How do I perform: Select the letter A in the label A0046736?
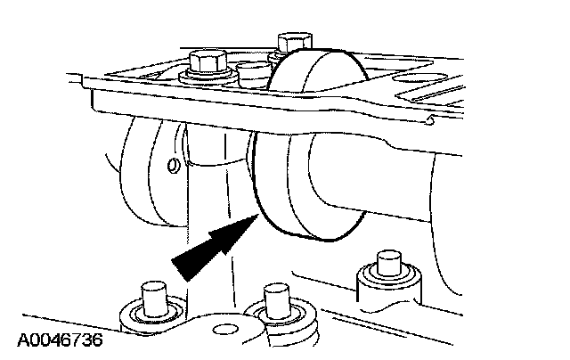tap(20, 341)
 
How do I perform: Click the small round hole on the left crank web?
tap(174, 165)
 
